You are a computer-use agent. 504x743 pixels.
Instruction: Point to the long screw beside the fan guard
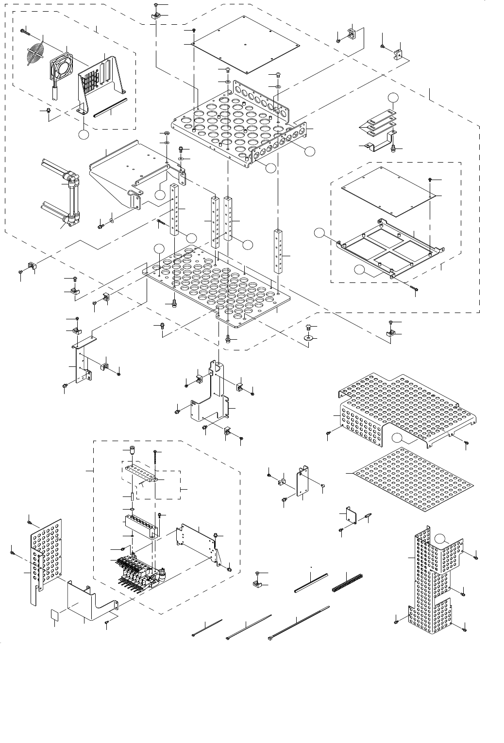point(26,32)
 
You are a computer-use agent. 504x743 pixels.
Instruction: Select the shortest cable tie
point(207,627)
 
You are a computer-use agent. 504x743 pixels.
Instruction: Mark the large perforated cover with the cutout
point(408,408)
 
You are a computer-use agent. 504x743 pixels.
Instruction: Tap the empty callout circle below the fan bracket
point(84,133)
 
